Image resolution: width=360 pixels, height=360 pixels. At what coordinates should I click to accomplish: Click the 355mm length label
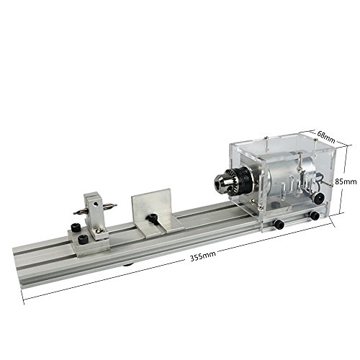point(203,256)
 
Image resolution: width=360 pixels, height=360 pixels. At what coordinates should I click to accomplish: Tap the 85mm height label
point(346,181)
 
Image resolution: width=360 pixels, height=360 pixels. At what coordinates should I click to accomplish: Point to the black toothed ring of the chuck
point(243,182)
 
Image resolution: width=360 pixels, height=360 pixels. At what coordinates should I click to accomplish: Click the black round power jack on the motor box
point(320,199)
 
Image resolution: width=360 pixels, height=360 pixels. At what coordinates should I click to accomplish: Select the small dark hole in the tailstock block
point(96,204)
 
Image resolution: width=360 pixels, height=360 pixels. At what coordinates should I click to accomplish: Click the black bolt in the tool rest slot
point(152,217)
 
